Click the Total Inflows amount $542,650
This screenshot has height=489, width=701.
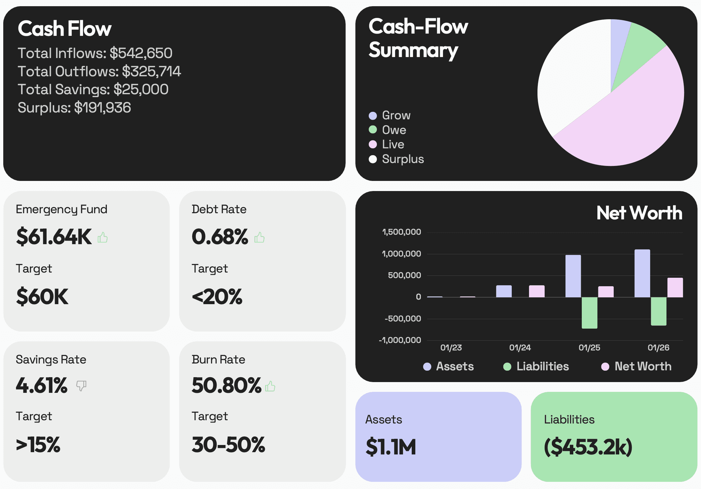[x=141, y=53]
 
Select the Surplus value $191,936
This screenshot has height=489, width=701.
[x=102, y=108]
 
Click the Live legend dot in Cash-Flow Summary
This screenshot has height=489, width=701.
[x=373, y=144]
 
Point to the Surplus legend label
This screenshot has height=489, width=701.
[x=403, y=159]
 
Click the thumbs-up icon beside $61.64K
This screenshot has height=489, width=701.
[x=103, y=237]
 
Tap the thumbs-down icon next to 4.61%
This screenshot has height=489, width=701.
[x=81, y=386]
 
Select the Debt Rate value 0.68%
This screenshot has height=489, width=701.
[x=220, y=237]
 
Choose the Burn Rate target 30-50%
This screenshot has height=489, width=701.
[x=228, y=445]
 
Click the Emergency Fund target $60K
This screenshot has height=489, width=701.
[x=42, y=297]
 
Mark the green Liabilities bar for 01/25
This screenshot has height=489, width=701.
[x=590, y=312]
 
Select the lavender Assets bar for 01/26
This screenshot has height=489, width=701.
[x=642, y=273]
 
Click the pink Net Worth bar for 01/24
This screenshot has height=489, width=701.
[x=536, y=291]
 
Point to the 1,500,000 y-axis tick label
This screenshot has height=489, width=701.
[x=401, y=232]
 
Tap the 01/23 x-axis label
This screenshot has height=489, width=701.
[x=451, y=348]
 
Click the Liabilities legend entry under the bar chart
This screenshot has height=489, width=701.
[x=542, y=366]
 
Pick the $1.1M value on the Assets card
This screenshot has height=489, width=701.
[x=391, y=447]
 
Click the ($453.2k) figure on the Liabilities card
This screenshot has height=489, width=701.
[x=588, y=447]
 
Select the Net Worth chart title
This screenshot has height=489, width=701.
[x=639, y=213]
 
